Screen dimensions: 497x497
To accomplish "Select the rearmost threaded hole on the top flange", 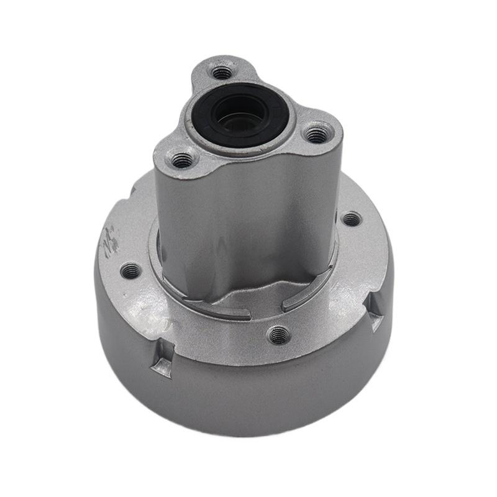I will [222, 73].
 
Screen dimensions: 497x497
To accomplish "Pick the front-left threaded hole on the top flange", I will [182, 160].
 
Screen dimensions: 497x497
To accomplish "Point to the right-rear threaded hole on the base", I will [351, 219].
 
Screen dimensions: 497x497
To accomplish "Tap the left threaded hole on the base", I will [131, 270].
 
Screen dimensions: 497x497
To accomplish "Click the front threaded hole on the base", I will [279, 335].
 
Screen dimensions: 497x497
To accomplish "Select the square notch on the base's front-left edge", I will [163, 363].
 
